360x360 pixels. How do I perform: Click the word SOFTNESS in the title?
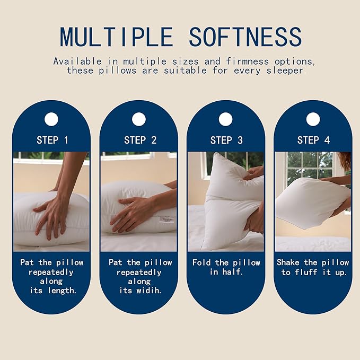pyautogui.click(x=245, y=36)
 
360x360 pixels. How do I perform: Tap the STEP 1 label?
pyautogui.click(x=52, y=141)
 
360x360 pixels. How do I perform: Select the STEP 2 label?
pyautogui.click(x=140, y=141)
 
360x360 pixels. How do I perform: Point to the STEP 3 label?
pyautogui.click(x=226, y=141)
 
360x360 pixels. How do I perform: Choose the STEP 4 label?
pyautogui.click(x=313, y=141)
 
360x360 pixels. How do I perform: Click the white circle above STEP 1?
pyautogui.click(x=51, y=119)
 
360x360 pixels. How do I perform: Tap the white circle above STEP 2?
pyautogui.click(x=139, y=119)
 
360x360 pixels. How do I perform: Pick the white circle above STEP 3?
pyautogui.click(x=226, y=119)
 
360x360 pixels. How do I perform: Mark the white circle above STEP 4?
pyautogui.click(x=313, y=119)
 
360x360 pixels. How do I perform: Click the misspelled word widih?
pyautogui.click(x=150, y=291)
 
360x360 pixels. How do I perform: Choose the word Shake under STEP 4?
pyautogui.click(x=289, y=262)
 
